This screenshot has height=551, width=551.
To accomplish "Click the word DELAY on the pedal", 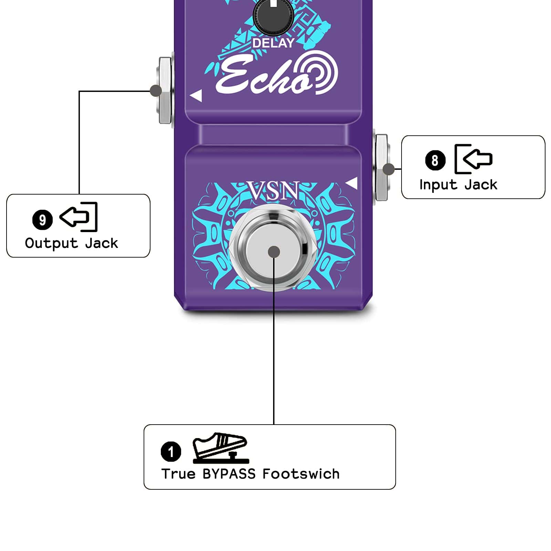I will click(x=273, y=43).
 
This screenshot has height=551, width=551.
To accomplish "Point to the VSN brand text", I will click(x=274, y=191).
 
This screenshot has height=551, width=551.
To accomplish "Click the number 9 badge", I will click(x=42, y=220).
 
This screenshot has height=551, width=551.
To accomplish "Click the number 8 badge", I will click(x=435, y=160).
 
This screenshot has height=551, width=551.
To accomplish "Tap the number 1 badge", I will click(x=171, y=451).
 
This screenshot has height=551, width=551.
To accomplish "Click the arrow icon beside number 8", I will click(x=474, y=159).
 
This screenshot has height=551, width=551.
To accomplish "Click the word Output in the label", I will click(x=51, y=243).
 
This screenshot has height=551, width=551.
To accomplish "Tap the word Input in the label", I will click(x=438, y=185).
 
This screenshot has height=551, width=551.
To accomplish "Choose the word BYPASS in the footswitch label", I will click(x=229, y=474).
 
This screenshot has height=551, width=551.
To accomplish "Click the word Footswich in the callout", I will click(x=301, y=474).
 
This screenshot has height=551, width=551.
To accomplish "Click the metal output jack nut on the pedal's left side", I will click(x=165, y=90).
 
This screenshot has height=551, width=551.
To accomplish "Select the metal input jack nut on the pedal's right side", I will click(x=382, y=168).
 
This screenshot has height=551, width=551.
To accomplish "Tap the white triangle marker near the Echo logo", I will click(x=196, y=96).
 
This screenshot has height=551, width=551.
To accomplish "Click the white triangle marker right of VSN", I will click(x=352, y=183).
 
